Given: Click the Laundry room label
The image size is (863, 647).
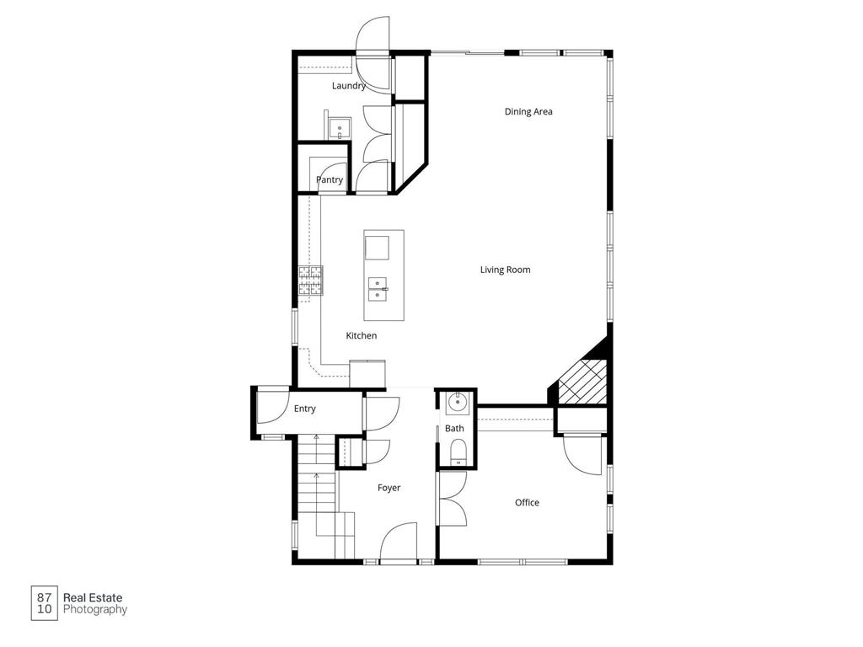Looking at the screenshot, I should click(x=348, y=86).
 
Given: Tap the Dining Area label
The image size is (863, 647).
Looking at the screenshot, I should click(x=528, y=111).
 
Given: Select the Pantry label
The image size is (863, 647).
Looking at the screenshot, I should click(x=330, y=179).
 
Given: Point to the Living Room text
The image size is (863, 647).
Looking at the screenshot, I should click(x=505, y=270).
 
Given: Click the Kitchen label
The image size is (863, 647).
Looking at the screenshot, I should click(x=361, y=335).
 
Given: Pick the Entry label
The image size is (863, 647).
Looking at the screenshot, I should click(x=304, y=409).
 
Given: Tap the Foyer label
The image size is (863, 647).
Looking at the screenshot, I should click(x=389, y=488).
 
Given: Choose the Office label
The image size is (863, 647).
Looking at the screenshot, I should click(x=527, y=503).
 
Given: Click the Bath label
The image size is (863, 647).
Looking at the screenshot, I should click(x=454, y=429).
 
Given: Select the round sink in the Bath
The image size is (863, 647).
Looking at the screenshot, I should click(x=456, y=403).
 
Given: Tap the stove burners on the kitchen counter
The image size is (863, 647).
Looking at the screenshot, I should click(x=310, y=280).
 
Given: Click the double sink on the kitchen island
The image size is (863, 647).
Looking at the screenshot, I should click(x=377, y=289).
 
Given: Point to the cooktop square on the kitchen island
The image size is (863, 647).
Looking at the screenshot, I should click(x=377, y=248).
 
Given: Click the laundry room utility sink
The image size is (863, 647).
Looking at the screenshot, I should click(x=340, y=129).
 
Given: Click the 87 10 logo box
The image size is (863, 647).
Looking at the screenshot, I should click(x=45, y=603).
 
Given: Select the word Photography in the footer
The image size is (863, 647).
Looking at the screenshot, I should click(x=95, y=609).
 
